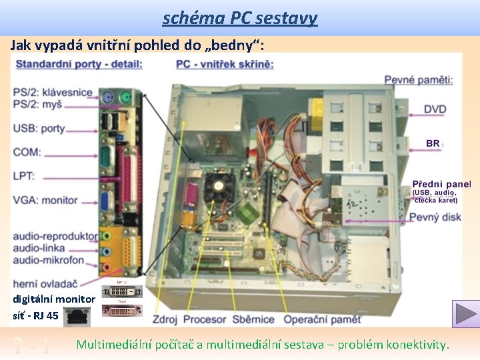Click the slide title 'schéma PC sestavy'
(x=240, y=17)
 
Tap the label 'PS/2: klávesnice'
(x=53, y=93)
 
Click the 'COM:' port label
(x=27, y=152)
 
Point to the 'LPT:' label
(x=24, y=176)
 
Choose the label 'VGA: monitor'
(x=45, y=200)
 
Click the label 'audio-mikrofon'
(x=49, y=259)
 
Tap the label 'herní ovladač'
(x=45, y=283)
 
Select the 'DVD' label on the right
(x=435, y=109)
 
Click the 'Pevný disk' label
(x=435, y=217)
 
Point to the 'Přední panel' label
(x=441, y=184)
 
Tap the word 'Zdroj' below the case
(x=165, y=319)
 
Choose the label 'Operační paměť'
(x=322, y=319)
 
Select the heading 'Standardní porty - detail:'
(x=79, y=64)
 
